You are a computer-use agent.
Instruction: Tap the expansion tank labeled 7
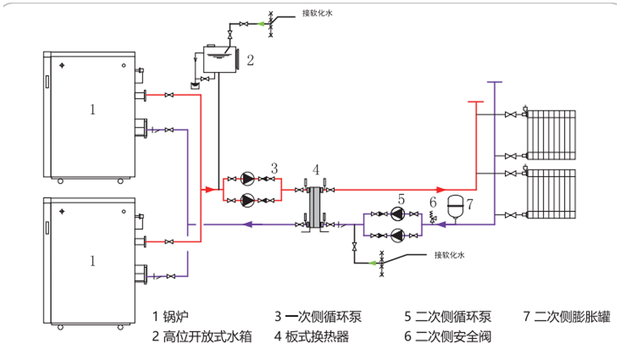coord(455,203)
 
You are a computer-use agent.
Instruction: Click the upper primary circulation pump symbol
coord(249,179)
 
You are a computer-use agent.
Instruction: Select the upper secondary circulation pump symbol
coord(397,213)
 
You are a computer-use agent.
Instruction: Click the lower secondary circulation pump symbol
coord(397,235)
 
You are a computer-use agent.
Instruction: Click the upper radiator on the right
coord(551,135)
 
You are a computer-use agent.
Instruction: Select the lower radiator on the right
coord(551,194)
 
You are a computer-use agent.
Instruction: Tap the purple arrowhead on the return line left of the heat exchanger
coord(247,224)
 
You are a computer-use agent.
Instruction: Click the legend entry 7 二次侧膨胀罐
coord(566,316)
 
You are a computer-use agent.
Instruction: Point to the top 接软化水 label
coord(317,14)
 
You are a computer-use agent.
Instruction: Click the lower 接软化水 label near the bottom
coord(450,255)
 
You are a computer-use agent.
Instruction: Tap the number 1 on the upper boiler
coord(92,109)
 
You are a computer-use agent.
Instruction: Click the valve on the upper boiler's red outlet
coord(168,95)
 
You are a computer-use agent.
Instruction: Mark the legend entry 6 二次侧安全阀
coord(447,337)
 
